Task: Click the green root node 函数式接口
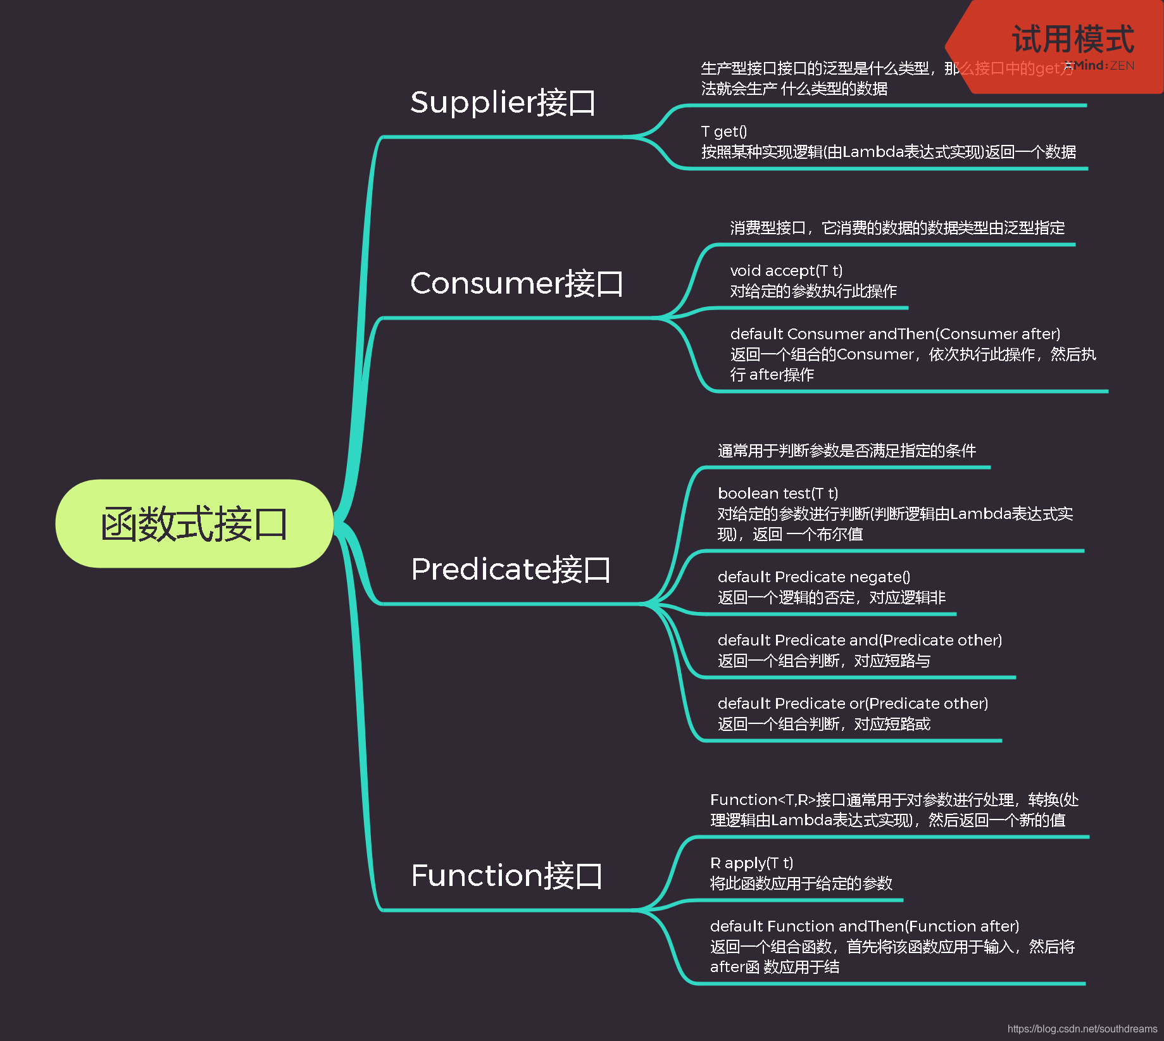[194, 524]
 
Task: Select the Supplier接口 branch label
[503, 103]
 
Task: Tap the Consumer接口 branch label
[516, 283]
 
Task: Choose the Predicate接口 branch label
[510, 569]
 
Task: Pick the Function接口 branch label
[506, 875]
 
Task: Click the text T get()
[724, 132]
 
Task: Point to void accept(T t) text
[786, 271]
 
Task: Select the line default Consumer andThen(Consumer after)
[895, 334]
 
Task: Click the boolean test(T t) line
[778, 494]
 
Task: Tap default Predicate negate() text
[814, 577]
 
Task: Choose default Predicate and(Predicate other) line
[860, 640]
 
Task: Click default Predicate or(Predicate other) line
[853, 704]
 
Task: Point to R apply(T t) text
[751, 863]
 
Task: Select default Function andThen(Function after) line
[865, 926]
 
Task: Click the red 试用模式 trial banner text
[1073, 39]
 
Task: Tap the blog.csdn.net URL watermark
[1082, 1029]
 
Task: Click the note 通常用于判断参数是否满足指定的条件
[847, 451]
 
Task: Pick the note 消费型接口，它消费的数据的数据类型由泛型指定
[898, 228]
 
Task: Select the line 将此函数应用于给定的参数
[801, 883]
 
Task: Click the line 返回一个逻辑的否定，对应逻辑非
[832, 597]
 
